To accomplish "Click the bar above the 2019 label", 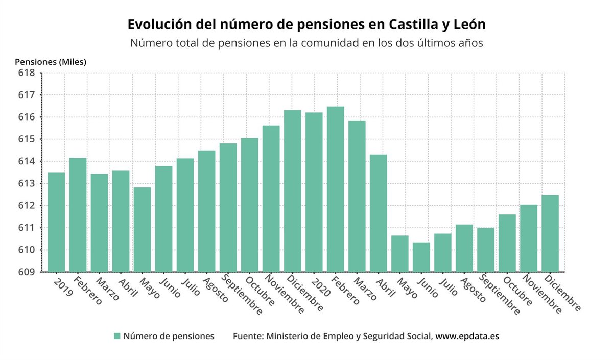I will click(x=56, y=222).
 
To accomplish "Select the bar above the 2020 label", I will click(x=314, y=192).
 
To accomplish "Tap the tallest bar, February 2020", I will click(x=336, y=189).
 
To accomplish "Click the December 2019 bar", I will click(x=293, y=191).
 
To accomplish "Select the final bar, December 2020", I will click(x=550, y=233).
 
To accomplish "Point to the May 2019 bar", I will click(x=142, y=229).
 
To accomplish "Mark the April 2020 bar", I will click(x=379, y=213).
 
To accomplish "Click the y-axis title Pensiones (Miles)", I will click(x=51, y=62).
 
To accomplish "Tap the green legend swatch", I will click(x=117, y=336).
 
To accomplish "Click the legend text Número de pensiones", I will click(x=169, y=336).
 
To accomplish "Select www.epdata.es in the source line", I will click(x=467, y=336).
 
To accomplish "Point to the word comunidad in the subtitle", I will click(x=348, y=43).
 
